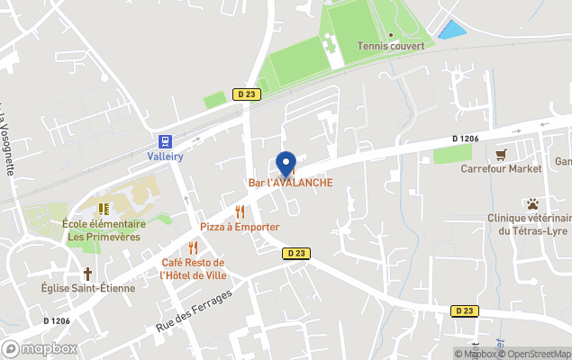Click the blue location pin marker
pyautogui.click(x=286, y=164)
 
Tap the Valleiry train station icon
pyautogui.click(x=165, y=140)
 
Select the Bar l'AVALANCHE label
pyautogui.click(x=290, y=183)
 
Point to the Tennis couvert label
pyautogui.click(x=386, y=46)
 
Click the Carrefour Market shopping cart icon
pyautogui.click(x=501, y=153)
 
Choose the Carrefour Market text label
pyautogui.click(x=501, y=168)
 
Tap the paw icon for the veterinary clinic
pyautogui.click(x=532, y=203)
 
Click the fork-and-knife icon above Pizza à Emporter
pyautogui.click(x=240, y=211)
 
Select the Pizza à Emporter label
pyautogui.click(x=240, y=227)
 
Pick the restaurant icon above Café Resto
pyautogui.click(x=193, y=247)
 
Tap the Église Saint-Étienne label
pyautogui.click(x=88, y=288)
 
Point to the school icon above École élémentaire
pyautogui.click(x=104, y=209)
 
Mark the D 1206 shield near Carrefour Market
pyautogui.click(x=465, y=139)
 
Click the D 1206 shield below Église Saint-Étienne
pyautogui.click(x=57, y=320)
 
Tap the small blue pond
pyautogui.click(x=451, y=30)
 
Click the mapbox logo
pyautogui.click(x=40, y=348)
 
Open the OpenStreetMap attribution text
pyautogui.click(x=538, y=353)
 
